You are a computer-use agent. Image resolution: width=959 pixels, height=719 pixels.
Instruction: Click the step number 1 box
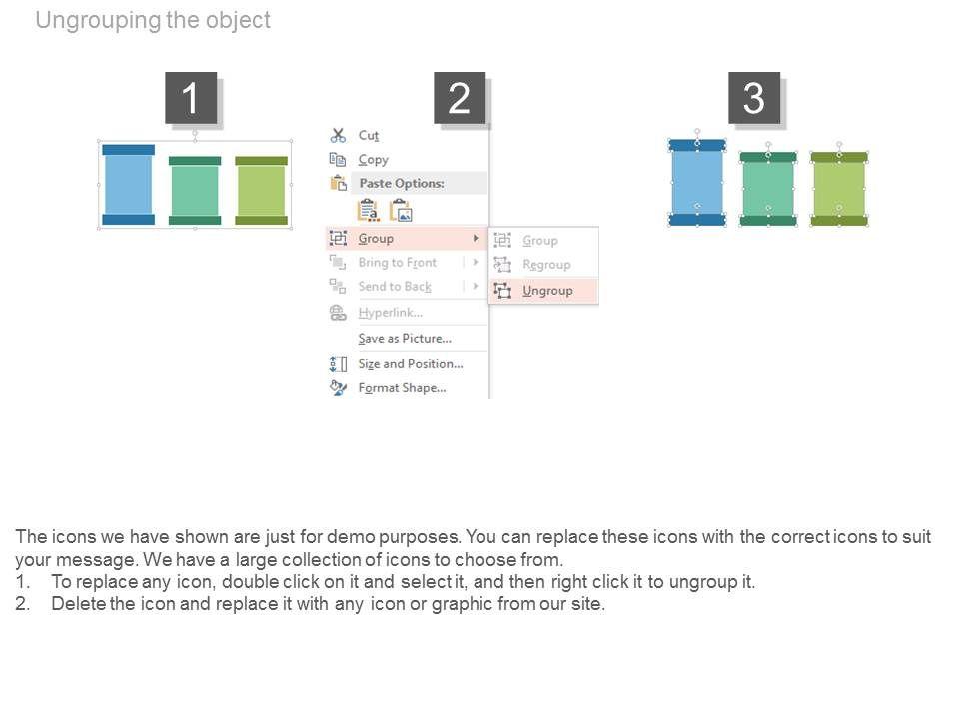(x=191, y=99)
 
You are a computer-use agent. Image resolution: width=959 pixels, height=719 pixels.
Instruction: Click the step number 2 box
(x=460, y=99)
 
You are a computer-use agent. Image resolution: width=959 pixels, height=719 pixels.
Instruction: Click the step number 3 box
(x=754, y=99)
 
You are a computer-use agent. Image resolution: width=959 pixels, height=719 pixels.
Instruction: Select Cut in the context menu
(x=369, y=135)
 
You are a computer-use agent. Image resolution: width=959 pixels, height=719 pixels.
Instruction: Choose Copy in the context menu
(x=373, y=160)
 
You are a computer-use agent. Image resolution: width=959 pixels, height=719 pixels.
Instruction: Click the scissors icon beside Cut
(x=338, y=135)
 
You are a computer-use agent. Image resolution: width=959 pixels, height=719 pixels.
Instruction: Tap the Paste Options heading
(x=401, y=184)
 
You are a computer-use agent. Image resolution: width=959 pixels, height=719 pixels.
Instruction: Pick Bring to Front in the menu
(x=397, y=263)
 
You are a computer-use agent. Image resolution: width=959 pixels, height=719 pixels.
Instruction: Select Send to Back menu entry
(x=395, y=287)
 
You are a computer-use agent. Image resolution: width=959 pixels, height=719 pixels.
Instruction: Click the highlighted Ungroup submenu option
(x=547, y=291)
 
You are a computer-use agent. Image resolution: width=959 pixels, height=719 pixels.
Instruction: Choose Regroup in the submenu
(x=546, y=265)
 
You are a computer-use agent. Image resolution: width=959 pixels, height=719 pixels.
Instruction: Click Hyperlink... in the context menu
(x=390, y=313)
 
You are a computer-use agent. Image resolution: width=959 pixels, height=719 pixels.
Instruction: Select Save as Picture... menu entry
(x=405, y=339)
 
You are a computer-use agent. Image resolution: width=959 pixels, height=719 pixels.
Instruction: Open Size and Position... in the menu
(x=411, y=364)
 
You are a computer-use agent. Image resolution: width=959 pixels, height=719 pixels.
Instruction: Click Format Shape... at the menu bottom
(x=402, y=388)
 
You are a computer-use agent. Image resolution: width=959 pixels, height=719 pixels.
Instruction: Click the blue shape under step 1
(x=129, y=185)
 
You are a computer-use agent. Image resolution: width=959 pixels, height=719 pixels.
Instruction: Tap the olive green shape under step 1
(x=261, y=190)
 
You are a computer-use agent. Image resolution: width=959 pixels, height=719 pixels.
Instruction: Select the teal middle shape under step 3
(x=768, y=189)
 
